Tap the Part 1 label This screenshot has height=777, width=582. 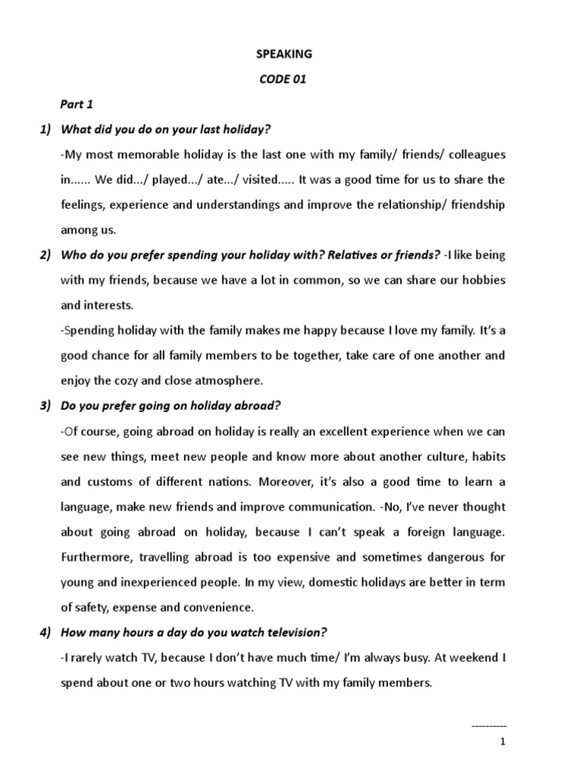point(77,105)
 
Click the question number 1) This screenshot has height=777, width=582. point(45,130)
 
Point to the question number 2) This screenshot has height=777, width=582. point(45,255)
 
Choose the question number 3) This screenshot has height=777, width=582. point(45,405)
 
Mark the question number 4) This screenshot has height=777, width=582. point(45,632)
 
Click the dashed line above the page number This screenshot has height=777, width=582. point(489,727)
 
